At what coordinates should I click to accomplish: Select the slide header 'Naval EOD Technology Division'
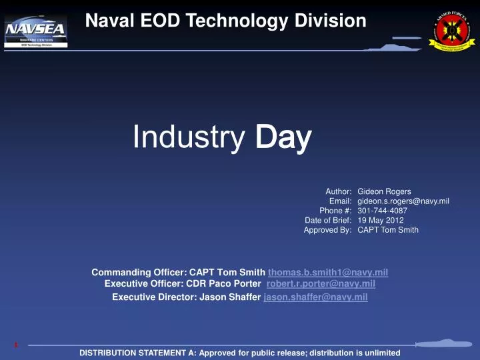(226, 21)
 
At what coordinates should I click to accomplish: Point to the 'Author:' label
(338, 191)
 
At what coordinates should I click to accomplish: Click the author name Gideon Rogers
(384, 191)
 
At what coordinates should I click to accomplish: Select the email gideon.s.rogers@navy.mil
(403, 201)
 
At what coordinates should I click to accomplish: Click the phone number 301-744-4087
(383, 211)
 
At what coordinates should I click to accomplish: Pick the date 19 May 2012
(381, 220)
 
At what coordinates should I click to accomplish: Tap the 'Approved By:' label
(327, 230)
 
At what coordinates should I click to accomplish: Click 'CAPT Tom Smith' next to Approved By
(388, 230)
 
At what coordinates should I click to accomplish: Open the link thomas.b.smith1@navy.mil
(328, 272)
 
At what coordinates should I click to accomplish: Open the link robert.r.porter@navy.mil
(321, 283)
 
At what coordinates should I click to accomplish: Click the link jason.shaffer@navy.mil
(316, 297)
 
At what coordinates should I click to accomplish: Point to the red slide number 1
(15, 345)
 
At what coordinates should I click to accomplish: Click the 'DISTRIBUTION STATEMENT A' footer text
(239, 353)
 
